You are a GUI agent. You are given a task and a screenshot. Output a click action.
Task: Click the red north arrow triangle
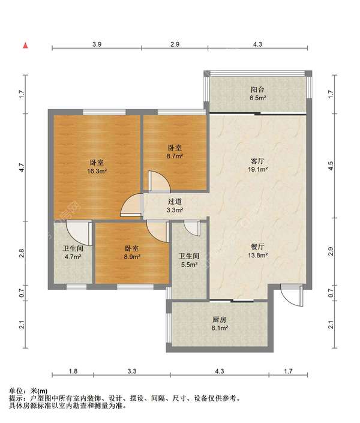[x=26, y=46]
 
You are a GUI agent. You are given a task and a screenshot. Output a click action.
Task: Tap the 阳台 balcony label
[x=257, y=89]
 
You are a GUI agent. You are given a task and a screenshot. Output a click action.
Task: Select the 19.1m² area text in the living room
[x=258, y=169]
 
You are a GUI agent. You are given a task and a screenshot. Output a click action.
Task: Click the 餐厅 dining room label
[x=257, y=247]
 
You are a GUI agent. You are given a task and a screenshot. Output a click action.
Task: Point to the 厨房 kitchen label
[x=219, y=320]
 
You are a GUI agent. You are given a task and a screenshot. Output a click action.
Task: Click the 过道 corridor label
[x=175, y=202]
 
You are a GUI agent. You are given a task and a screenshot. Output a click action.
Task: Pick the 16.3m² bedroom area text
[x=97, y=171]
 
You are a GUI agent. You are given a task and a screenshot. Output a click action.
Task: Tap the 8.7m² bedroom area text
[x=175, y=156]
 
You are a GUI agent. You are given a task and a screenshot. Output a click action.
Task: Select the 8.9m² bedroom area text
[x=132, y=257]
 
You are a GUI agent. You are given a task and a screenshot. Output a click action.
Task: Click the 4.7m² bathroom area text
[x=73, y=257]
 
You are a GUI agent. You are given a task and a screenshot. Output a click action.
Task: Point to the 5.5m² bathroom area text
[x=190, y=265]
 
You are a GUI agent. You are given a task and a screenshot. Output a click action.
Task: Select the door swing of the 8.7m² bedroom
[x=160, y=181]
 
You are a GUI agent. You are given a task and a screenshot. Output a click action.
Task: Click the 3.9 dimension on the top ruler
[x=97, y=44]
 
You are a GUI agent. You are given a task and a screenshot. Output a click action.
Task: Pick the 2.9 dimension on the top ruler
[x=175, y=44]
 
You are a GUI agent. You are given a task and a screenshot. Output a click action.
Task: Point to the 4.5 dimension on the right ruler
[x=331, y=166]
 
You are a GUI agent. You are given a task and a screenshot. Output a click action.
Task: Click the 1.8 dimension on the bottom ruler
[x=73, y=371]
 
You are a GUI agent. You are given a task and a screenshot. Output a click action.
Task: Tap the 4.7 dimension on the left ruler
[x=22, y=167]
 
